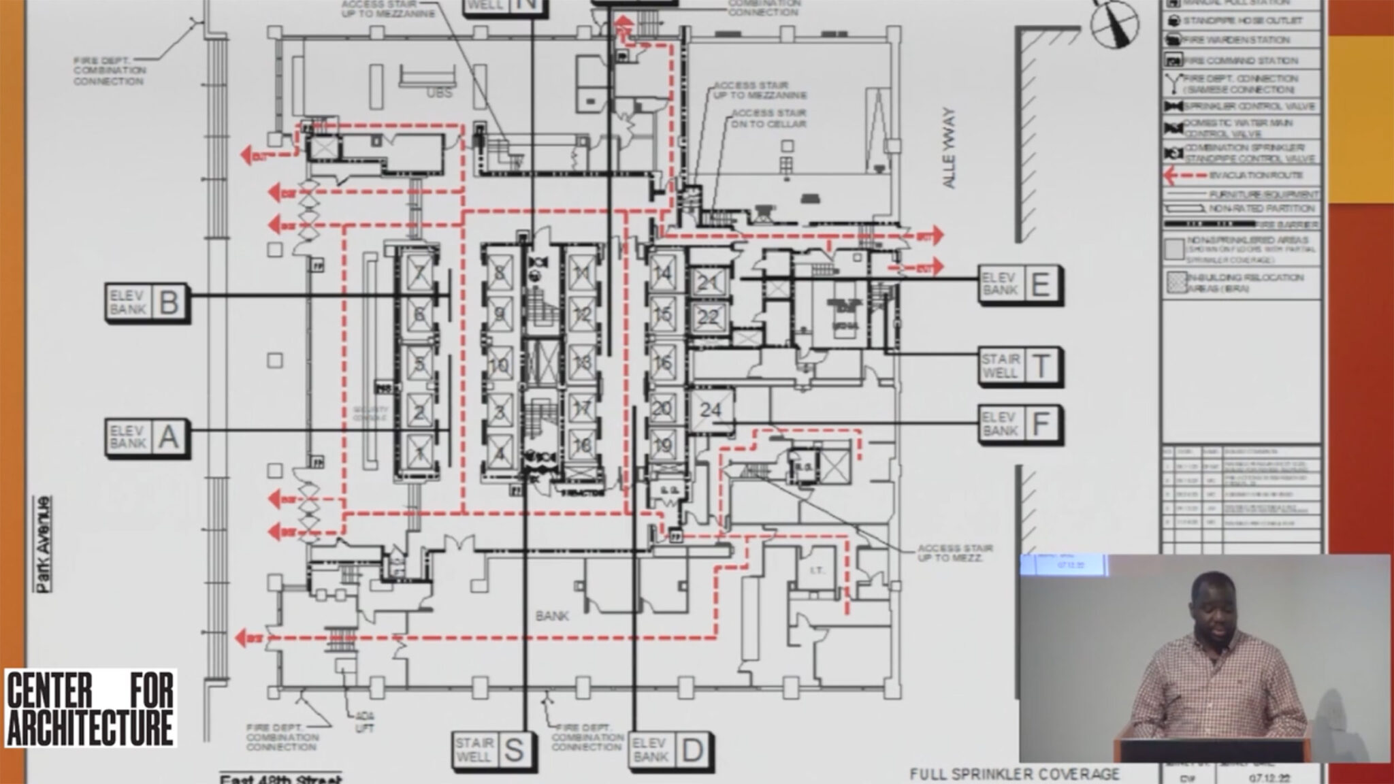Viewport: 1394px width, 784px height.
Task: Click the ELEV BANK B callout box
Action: pos(147,302)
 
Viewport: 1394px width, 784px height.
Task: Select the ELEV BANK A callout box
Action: pos(147,437)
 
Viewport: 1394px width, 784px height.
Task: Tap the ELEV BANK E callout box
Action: pos(1020,284)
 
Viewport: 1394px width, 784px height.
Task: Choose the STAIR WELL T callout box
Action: pos(1020,367)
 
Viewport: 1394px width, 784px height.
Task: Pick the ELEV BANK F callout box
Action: pos(1020,424)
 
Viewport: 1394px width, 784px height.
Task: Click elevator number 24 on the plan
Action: pos(711,410)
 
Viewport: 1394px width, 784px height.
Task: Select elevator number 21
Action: pos(708,282)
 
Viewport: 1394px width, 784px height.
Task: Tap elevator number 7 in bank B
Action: pos(419,274)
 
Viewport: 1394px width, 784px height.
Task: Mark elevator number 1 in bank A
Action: pos(419,452)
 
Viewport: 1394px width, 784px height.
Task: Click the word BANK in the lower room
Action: pos(552,617)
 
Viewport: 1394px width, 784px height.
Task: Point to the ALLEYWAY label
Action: pos(950,148)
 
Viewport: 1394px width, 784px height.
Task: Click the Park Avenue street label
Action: pos(44,544)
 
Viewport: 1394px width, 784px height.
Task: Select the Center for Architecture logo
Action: pos(90,708)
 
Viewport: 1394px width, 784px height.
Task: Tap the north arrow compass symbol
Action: pos(1114,23)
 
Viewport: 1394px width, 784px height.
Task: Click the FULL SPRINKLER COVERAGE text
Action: pos(1014,774)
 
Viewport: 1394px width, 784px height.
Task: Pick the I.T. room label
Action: pos(817,570)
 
